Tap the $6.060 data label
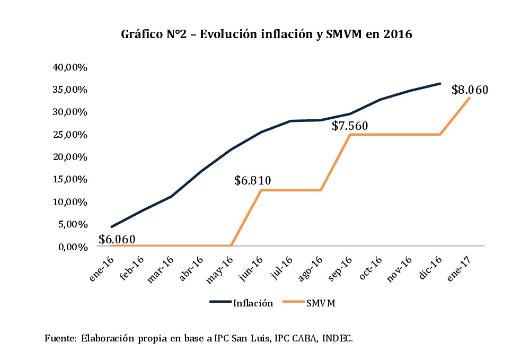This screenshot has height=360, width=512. coord(117,239)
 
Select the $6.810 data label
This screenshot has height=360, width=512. coord(253,180)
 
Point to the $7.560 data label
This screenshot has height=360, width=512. coord(350,126)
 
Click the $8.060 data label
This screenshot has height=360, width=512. coord(470,90)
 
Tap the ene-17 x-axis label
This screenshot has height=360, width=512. coord(461,265)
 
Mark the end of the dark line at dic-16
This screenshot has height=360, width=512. coord(440,83)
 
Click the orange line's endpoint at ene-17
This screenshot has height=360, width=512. coord(470,98)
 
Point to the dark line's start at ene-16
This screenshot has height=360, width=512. coord(111,226)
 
